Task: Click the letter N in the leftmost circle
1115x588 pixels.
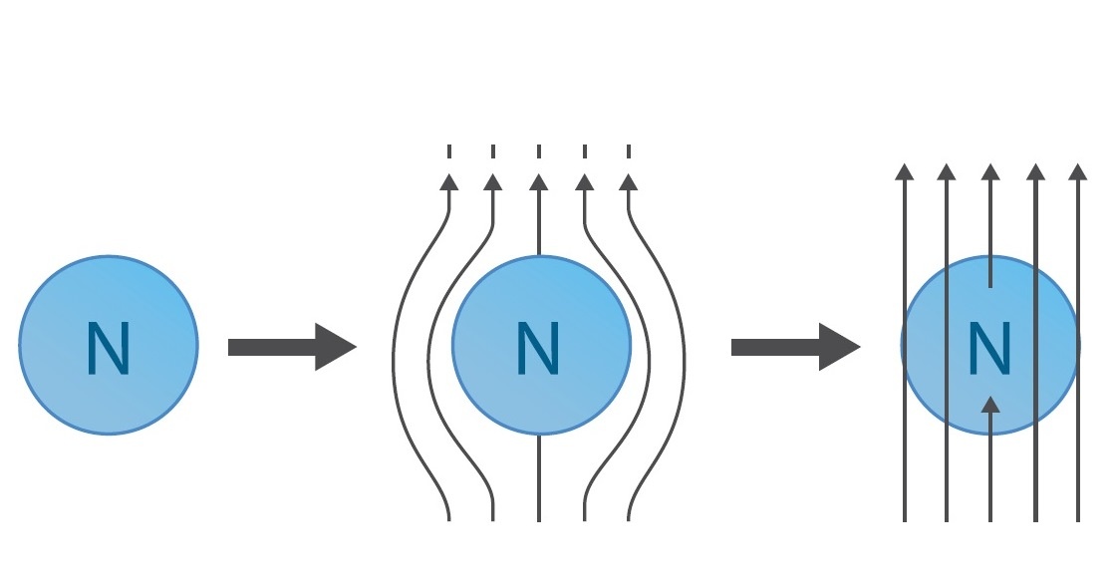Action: point(108,348)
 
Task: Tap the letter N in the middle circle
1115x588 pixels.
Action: point(540,348)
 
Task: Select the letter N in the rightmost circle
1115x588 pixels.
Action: point(990,348)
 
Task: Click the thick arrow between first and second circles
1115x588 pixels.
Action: point(291,347)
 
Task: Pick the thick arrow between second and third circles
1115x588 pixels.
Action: point(795,347)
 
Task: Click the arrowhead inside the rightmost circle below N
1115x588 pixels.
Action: point(989,405)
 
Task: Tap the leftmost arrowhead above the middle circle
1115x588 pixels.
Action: point(449,181)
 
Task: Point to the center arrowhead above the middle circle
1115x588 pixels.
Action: point(539,181)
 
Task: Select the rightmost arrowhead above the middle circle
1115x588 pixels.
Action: point(628,181)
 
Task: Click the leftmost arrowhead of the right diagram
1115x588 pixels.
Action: point(904,171)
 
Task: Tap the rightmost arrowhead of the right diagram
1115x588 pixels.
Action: point(1077,171)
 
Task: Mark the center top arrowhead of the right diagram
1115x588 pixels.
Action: point(989,171)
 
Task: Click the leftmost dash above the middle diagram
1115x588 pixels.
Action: point(449,151)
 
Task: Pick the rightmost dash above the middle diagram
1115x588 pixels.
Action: point(629,151)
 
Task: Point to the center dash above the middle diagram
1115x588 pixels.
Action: point(539,151)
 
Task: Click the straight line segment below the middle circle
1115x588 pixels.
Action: point(539,478)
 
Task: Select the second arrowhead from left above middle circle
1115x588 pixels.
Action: point(492,181)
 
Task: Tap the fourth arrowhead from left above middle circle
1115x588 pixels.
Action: point(585,181)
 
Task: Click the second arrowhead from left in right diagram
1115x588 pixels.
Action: point(947,171)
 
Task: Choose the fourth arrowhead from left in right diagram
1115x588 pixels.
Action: point(1035,171)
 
